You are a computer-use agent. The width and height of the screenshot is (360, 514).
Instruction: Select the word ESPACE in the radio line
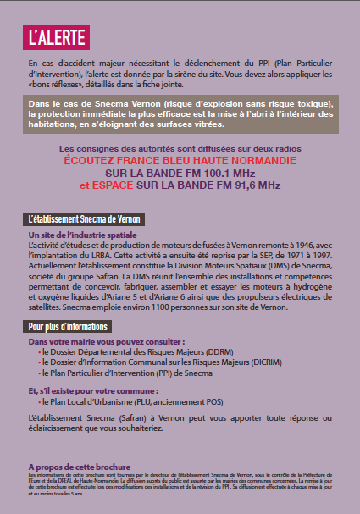click(114, 185)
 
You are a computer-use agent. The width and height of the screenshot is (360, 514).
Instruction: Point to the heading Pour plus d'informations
click(68, 326)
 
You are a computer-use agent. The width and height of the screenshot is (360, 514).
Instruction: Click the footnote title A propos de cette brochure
click(79, 467)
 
